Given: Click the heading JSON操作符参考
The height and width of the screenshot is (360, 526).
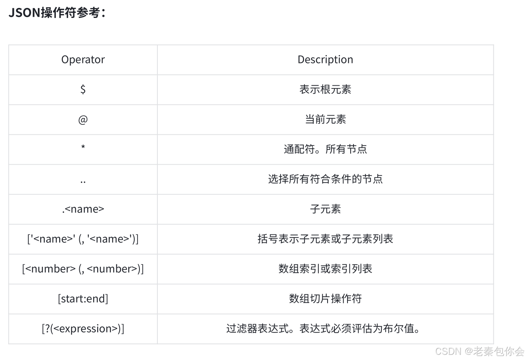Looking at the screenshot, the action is tap(57, 13).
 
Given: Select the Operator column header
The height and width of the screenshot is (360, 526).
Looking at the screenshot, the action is tap(83, 60).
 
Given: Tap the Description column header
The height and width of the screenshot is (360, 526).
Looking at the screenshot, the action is tap(325, 60).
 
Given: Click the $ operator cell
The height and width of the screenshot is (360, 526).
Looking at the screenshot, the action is tap(83, 89).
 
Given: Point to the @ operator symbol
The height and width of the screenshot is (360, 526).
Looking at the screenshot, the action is tap(83, 119).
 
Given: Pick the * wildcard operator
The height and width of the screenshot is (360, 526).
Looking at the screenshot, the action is tap(83, 148).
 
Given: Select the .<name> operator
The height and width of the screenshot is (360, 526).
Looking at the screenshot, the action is tap(83, 209).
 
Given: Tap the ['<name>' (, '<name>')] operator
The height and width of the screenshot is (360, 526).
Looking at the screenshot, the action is tap(83, 239).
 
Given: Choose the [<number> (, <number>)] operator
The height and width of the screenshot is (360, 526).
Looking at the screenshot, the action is tap(83, 269).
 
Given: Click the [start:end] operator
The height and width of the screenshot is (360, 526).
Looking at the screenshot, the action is tap(83, 299).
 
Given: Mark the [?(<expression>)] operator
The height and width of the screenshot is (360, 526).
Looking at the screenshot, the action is tap(83, 329).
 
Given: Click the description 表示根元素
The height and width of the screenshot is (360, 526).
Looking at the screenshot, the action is tap(325, 89).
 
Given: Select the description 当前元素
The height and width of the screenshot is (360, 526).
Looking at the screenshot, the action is tap(325, 119).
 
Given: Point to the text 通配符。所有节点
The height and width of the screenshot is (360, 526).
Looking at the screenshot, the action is tap(325, 149).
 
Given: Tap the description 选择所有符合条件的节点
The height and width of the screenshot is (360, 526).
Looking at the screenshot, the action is tap(325, 179).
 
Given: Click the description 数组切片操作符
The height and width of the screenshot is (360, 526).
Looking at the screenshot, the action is tap(325, 299).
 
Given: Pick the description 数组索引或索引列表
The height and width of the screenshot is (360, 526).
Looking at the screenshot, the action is tap(325, 269).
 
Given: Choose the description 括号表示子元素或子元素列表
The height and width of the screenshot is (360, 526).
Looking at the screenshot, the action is tap(325, 239).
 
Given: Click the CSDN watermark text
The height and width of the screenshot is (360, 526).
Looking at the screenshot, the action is tap(479, 351).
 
